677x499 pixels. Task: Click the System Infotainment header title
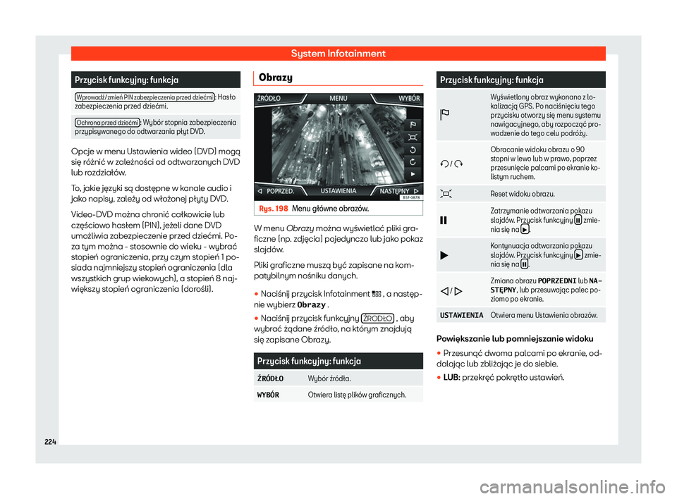pos(338,53)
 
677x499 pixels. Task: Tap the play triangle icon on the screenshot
pos(413,172)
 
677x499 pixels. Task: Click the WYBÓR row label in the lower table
pos(269,395)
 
